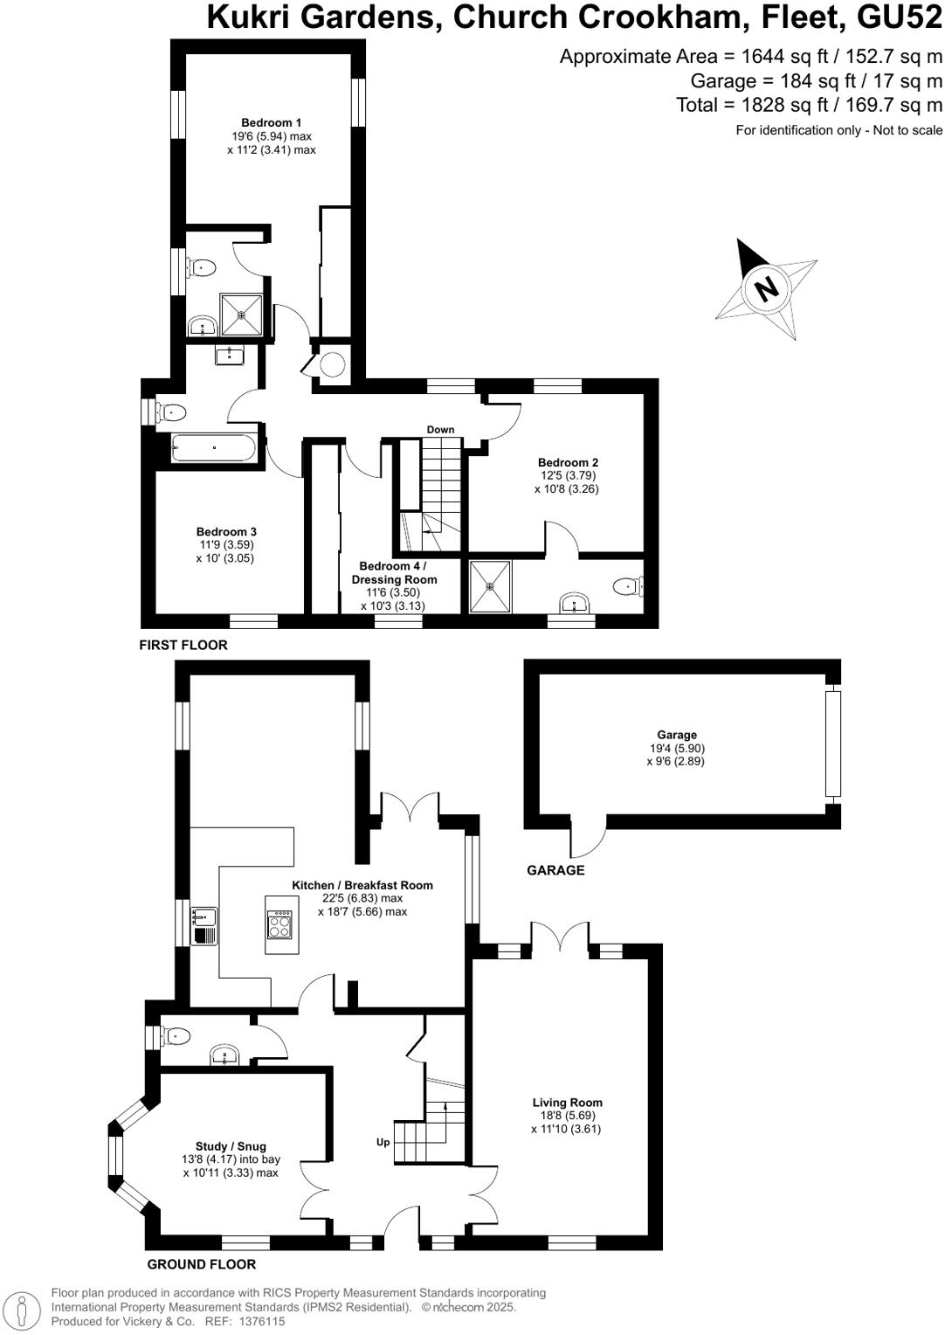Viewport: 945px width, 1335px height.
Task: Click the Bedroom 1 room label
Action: (x=272, y=123)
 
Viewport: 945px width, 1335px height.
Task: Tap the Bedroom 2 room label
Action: (x=568, y=463)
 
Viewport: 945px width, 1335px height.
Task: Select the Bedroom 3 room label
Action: (x=226, y=532)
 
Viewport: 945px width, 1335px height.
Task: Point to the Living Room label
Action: (x=567, y=1103)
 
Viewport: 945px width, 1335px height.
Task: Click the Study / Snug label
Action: (x=231, y=1146)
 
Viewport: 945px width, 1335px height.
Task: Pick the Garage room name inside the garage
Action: (x=677, y=736)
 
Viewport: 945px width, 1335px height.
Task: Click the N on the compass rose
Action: (x=766, y=288)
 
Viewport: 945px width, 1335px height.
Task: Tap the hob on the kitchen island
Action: (x=279, y=924)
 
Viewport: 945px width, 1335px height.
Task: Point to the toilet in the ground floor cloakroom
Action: (x=176, y=1036)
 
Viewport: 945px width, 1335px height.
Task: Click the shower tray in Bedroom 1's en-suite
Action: (x=241, y=315)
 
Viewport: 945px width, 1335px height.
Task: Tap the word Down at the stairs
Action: (x=440, y=430)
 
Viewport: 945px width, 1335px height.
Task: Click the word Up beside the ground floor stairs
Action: (x=383, y=1142)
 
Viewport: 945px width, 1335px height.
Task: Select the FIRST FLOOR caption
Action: (x=183, y=646)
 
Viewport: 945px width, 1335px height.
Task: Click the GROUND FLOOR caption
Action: (x=201, y=1264)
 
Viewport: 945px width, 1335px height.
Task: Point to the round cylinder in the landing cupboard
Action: (x=333, y=364)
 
